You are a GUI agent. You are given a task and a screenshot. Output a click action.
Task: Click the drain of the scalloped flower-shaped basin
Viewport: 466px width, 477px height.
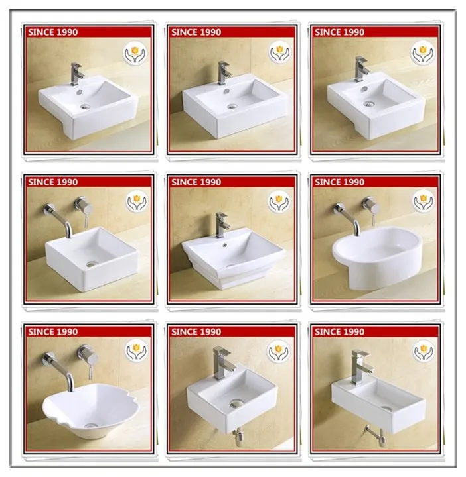(x=90, y=425)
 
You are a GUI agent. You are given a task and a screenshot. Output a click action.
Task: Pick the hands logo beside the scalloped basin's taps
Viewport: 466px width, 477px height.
(x=137, y=350)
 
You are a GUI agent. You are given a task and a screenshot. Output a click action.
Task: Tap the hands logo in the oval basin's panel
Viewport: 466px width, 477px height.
(x=424, y=201)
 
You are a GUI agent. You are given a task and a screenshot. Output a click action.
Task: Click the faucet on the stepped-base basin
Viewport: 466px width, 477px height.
(x=222, y=225)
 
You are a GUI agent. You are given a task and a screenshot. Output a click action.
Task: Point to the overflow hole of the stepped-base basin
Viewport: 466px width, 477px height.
(x=225, y=244)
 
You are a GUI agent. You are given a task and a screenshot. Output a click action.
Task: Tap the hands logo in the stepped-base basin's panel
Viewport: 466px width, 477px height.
(x=279, y=201)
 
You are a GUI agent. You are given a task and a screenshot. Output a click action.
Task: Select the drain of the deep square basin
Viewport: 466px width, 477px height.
(x=92, y=264)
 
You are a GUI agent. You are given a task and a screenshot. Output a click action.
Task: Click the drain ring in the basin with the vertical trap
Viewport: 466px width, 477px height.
(x=236, y=403)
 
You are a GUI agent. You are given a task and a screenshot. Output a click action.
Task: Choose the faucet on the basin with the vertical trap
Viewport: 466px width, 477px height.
(x=223, y=362)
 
